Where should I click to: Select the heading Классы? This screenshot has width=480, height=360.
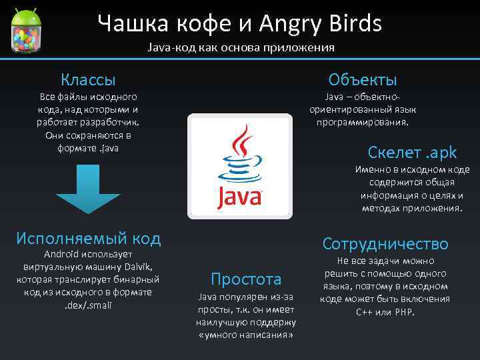88,79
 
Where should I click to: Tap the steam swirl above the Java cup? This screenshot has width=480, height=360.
241,143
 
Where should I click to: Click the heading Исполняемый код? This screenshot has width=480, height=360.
88,237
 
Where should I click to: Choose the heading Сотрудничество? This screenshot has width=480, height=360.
385,243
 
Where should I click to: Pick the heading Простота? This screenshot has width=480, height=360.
246,279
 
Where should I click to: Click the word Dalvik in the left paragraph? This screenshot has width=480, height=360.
139,267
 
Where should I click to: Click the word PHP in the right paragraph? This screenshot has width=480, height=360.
404,311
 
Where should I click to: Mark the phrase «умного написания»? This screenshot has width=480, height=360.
246,333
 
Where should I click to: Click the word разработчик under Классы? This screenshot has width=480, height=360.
113,123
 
